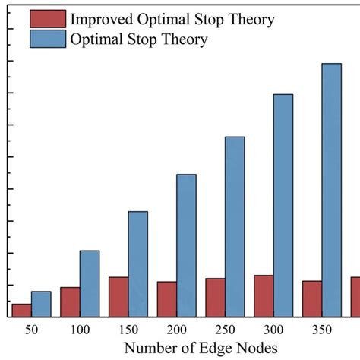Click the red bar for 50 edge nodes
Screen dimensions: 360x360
point(21,310)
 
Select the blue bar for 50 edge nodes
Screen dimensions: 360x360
point(41,304)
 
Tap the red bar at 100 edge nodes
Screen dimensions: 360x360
point(70,302)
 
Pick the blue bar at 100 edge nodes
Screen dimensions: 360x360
point(90,283)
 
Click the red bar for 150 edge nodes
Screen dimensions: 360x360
point(118,297)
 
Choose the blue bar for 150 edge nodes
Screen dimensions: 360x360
point(137,264)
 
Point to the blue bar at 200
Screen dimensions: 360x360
point(186,245)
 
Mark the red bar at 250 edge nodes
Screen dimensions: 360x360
point(215,297)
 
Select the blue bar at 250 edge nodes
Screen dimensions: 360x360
point(235,226)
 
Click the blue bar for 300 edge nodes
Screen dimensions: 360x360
point(283,205)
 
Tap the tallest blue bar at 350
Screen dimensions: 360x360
point(331,190)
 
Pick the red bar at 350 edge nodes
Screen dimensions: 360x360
point(312,298)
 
